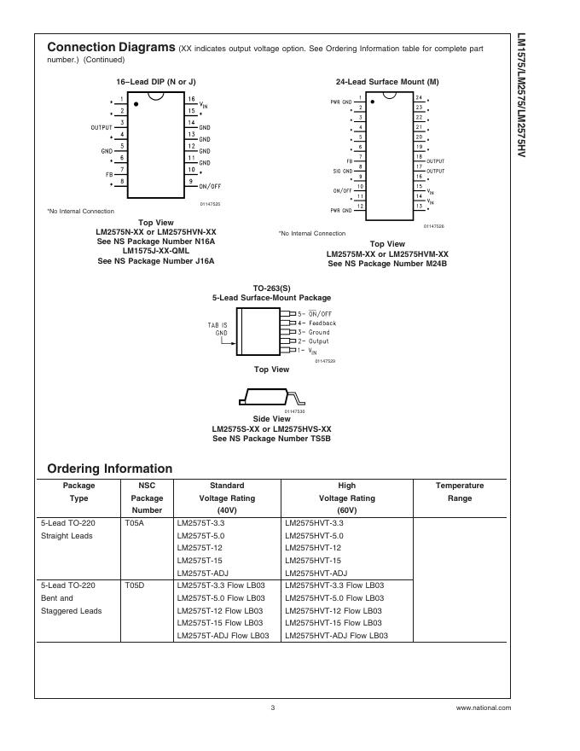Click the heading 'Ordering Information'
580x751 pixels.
[109, 469]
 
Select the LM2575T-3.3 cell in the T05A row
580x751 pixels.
[200, 522]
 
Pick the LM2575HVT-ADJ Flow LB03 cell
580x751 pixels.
[336, 636]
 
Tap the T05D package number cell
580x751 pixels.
[135, 586]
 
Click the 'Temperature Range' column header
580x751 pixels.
[459, 492]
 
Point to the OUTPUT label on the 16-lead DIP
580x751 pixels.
[101, 127]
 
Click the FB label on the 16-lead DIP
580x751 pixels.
[108, 174]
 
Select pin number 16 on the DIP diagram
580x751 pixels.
[192, 99]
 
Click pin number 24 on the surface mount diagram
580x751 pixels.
[419, 98]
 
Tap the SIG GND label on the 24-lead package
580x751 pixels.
[341, 171]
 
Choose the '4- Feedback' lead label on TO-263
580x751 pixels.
[316, 323]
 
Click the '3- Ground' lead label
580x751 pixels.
[313, 333]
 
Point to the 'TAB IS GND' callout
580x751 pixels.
[217, 329]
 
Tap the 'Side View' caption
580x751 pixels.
[272, 419]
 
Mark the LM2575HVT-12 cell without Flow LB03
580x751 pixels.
[313, 547]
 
